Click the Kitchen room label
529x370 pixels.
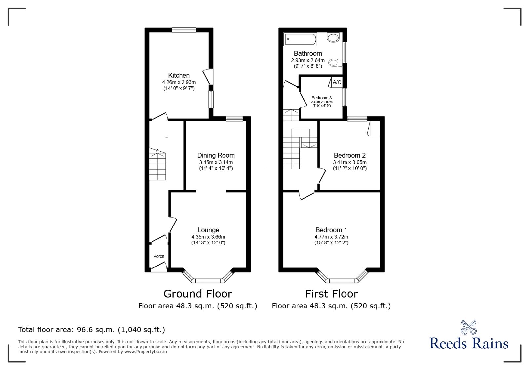(179, 76)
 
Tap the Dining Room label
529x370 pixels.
(216, 155)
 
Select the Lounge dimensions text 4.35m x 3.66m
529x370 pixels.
(208, 237)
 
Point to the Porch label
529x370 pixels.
(159, 256)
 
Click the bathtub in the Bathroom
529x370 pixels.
(301, 39)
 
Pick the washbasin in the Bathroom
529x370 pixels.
(333, 37)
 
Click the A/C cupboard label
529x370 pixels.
(337, 82)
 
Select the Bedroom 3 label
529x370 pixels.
(322, 98)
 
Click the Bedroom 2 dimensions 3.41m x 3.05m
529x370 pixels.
(350, 162)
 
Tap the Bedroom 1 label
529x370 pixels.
(331, 230)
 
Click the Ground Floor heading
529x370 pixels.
(198, 294)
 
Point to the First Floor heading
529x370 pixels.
(332, 294)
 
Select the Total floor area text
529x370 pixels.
(92, 329)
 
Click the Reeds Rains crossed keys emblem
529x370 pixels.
(469, 327)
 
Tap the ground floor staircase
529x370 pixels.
(157, 164)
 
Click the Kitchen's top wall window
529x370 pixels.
(184, 30)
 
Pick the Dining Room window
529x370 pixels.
(234, 119)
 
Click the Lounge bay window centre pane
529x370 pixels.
(208, 281)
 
